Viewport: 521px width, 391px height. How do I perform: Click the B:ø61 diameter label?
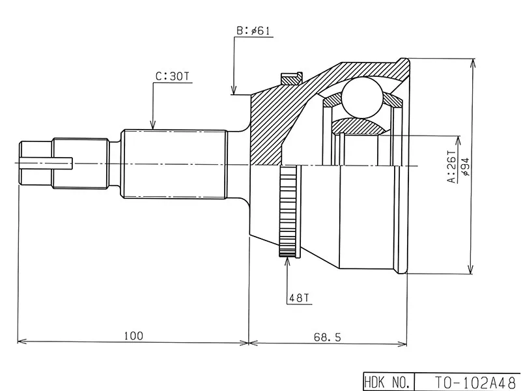[x=253, y=31]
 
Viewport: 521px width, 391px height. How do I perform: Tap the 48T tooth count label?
[x=299, y=298]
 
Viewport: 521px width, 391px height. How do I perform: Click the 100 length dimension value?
[x=134, y=336]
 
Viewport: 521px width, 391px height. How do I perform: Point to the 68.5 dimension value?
[x=328, y=337]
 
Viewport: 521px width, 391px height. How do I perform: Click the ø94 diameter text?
[x=465, y=167]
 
